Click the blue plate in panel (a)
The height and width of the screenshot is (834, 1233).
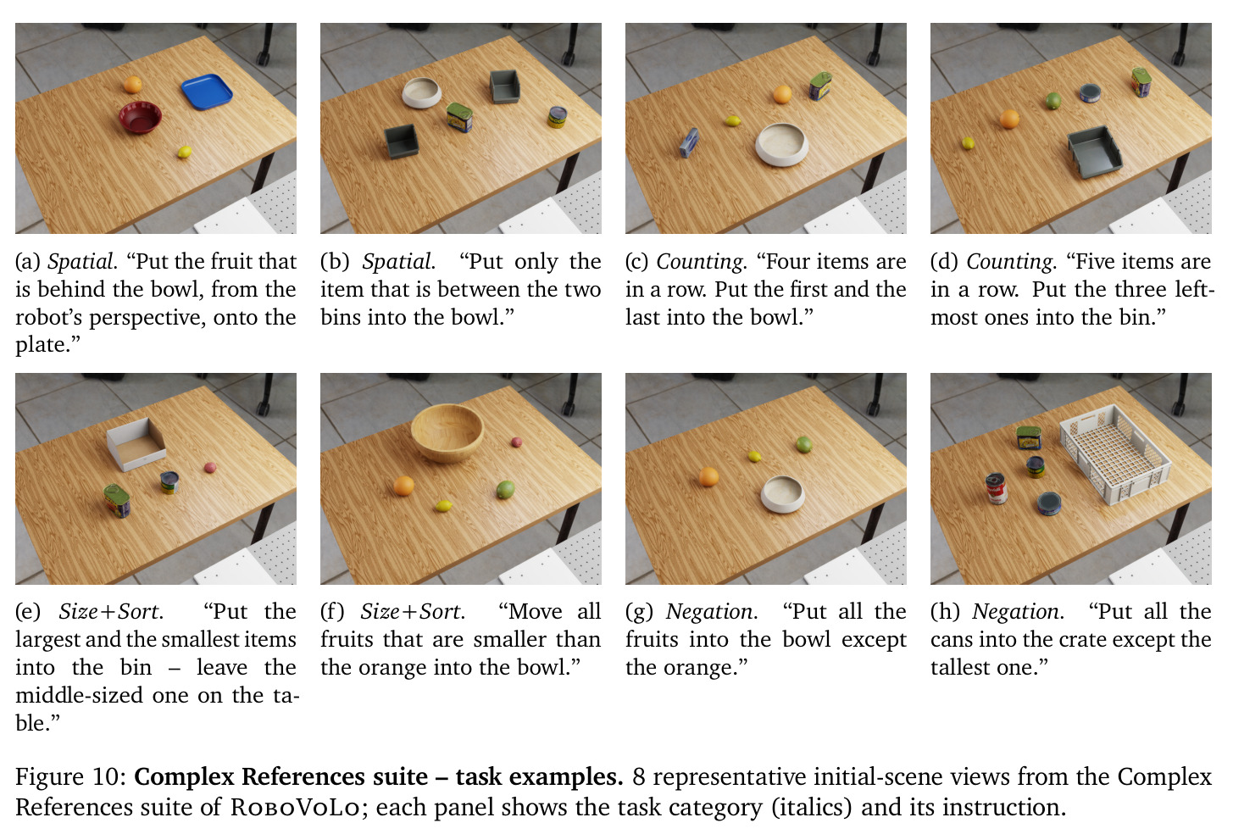207,92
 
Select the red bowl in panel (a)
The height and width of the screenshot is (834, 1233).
141,117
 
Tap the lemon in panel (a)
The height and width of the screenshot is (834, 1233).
185,152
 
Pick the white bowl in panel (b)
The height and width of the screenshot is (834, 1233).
422,92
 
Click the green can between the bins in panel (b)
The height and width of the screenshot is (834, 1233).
459,117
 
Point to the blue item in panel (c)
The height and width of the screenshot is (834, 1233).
689,142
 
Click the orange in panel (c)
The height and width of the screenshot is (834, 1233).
782,94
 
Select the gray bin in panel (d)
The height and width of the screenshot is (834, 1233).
1094,152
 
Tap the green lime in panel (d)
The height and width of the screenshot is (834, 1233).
1053,101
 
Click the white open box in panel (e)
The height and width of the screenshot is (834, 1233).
136,445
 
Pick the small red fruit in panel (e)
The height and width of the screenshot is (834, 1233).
209,467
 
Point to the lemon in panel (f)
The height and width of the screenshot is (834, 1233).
444,505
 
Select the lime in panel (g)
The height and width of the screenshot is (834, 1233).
803,444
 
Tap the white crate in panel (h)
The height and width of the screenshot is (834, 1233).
1115,453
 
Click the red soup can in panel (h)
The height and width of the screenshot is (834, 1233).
997,488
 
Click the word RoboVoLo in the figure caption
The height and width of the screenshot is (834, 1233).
295,808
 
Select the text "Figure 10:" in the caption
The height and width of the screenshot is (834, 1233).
71,776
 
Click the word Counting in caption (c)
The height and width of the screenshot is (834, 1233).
699,262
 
